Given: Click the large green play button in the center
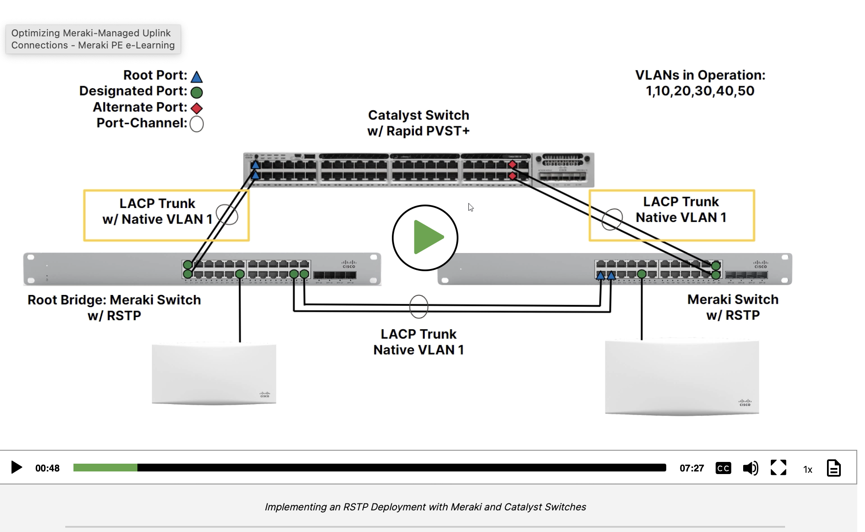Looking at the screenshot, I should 425,238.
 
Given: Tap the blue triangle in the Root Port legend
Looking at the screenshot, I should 197,77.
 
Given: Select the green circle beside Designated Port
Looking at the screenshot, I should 197,92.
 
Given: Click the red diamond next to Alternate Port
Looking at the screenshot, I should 197,108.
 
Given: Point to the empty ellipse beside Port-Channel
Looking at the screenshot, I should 197,124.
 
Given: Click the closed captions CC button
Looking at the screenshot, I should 723,468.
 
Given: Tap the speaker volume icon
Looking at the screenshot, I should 751,468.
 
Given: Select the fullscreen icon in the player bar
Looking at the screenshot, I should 779,468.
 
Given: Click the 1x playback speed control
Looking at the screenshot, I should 808,469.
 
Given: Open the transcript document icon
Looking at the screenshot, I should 833,468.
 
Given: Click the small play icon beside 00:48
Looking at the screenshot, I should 16,467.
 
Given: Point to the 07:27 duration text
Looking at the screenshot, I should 692,468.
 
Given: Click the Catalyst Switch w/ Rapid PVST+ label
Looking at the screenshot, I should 418,123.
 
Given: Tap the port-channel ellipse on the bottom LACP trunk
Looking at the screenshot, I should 418,307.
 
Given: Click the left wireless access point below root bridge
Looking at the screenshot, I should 214,374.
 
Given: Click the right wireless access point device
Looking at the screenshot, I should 682,378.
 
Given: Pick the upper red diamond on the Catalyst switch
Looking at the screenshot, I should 512,164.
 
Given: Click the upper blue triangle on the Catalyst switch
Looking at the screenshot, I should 255,165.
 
